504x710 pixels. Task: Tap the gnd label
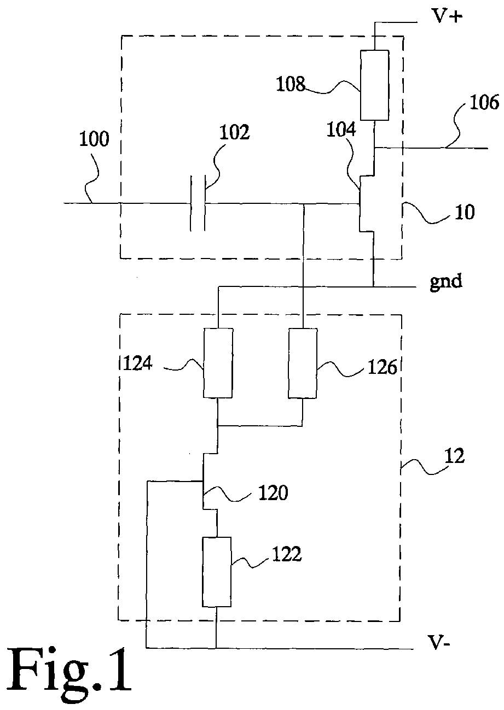(446, 281)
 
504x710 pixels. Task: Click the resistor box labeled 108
(374, 85)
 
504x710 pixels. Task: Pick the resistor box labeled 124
(218, 362)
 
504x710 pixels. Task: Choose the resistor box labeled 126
(303, 363)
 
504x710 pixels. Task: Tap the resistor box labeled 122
(217, 572)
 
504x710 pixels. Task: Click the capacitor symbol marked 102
(198, 203)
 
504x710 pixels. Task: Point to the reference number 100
(94, 139)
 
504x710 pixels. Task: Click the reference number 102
(235, 132)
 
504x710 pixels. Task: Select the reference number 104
(341, 130)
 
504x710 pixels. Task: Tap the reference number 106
(484, 103)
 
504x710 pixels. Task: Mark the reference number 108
(291, 85)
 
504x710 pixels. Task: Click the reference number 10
(465, 213)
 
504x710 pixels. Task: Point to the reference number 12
(454, 456)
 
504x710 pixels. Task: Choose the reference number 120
(273, 493)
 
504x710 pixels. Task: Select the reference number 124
(137, 363)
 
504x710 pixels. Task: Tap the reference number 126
(383, 367)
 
